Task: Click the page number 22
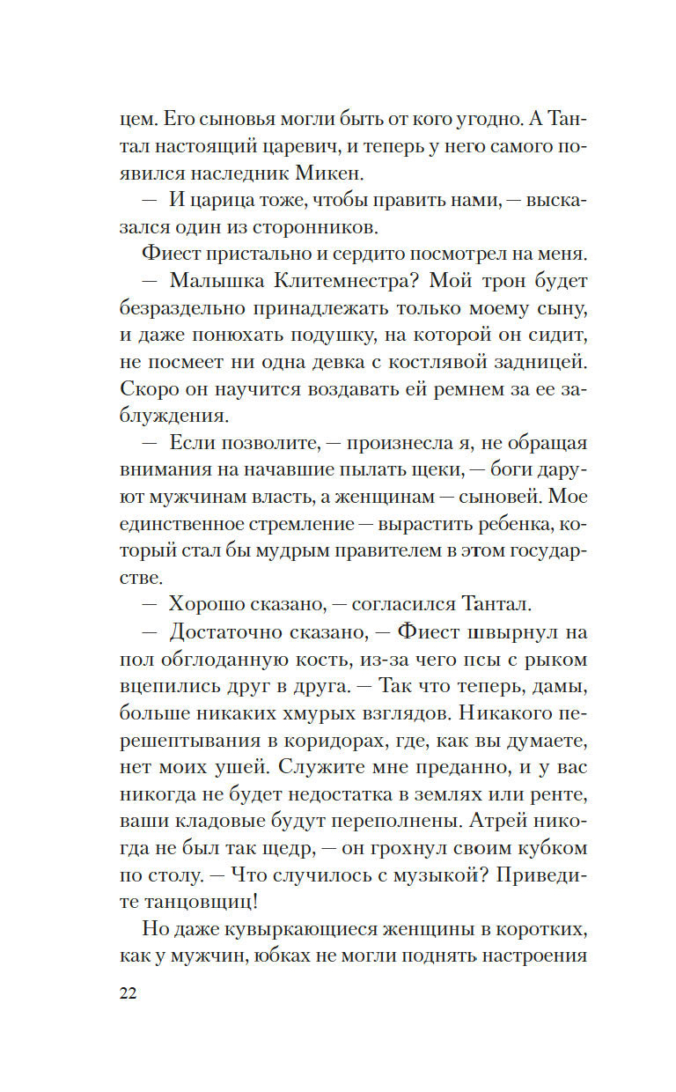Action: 127,992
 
